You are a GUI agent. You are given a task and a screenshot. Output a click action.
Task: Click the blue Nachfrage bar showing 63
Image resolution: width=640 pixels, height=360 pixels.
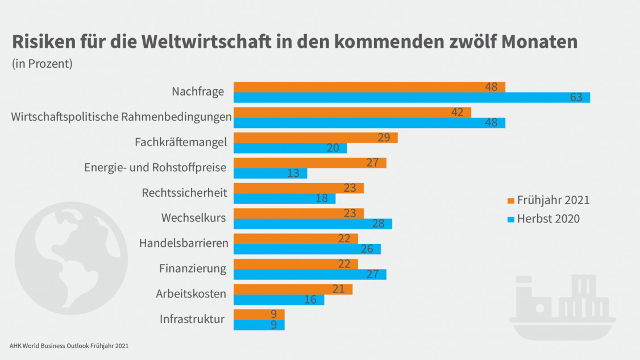pos(412,98)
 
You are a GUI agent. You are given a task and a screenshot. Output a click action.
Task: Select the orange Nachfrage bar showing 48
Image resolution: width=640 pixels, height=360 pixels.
pos(369,87)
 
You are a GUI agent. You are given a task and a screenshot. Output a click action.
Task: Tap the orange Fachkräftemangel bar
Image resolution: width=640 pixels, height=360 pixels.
pos(315,138)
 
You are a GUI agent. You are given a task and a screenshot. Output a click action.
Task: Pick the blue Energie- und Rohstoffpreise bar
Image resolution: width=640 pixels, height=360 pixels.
pos(270,173)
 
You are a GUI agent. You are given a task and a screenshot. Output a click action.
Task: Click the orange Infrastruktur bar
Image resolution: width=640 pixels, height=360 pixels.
pos(259,314)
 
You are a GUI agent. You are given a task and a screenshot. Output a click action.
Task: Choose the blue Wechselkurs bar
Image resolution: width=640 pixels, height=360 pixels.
pos(313,224)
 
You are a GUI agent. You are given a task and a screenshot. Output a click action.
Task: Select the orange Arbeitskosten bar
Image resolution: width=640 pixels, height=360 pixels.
pos(293,289)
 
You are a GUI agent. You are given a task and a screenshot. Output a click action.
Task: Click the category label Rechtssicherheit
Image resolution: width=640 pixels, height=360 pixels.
pos(184,193)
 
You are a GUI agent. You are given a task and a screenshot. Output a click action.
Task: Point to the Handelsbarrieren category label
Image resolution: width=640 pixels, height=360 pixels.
pos(184,243)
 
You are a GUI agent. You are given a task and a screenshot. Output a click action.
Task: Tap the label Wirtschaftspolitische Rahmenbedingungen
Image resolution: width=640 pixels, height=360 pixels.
pos(122,117)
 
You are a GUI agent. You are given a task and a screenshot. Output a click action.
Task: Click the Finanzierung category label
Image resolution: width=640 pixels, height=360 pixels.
pos(193,268)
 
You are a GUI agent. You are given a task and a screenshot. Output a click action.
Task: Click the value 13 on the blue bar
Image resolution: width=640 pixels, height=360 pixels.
pos(293,173)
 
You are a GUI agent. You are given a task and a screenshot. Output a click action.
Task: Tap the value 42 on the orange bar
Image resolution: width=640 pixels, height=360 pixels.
pos(458,112)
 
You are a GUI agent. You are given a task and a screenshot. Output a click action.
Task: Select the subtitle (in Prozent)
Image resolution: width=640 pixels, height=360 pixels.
pos(42,64)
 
